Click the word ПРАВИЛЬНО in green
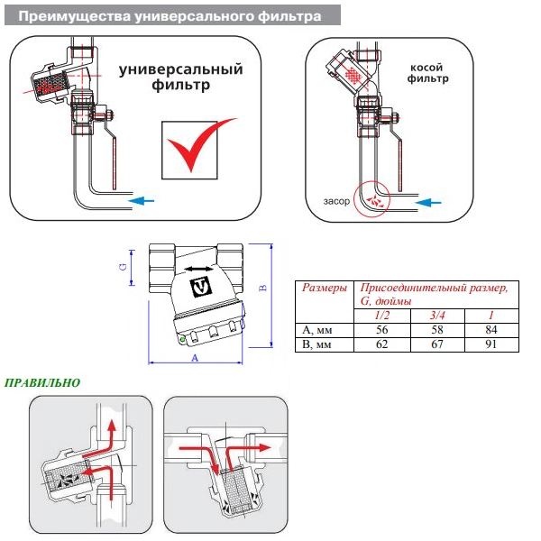pos(43,382)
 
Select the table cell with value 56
pos(381,331)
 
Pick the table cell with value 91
pos(491,344)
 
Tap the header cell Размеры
pos(323,288)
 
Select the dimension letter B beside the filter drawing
pos(263,287)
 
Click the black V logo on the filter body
pos(202,288)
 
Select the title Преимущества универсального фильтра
pos(170,16)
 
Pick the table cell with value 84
pos(491,331)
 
